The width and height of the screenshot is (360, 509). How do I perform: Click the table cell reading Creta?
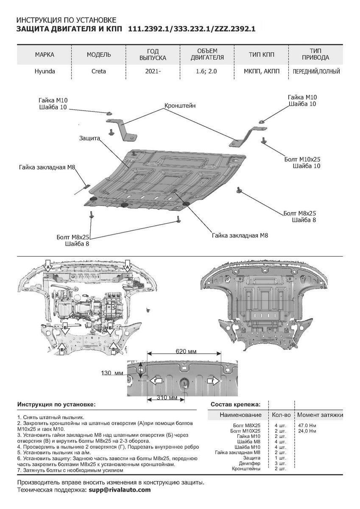(x=99, y=72)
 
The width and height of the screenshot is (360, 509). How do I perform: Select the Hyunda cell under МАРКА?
(x=45, y=72)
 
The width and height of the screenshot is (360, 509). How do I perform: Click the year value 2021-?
(x=153, y=72)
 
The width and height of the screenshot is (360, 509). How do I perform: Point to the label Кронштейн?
(x=180, y=106)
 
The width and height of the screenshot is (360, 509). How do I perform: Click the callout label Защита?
(x=89, y=138)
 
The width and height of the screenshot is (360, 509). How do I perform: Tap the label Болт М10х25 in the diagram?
(x=302, y=159)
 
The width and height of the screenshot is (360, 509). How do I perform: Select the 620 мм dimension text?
(x=186, y=352)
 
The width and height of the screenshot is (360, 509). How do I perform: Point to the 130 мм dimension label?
(x=112, y=373)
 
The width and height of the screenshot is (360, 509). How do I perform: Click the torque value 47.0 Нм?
(x=307, y=425)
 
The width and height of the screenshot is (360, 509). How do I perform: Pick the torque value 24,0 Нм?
(x=307, y=431)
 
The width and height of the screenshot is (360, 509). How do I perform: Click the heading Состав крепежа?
(x=236, y=405)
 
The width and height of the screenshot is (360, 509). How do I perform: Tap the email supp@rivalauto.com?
(x=120, y=489)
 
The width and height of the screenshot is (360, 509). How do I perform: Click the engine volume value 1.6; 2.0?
(x=207, y=72)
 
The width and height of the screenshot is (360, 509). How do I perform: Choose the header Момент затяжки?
(x=320, y=415)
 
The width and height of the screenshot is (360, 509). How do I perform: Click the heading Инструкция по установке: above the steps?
(x=56, y=405)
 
